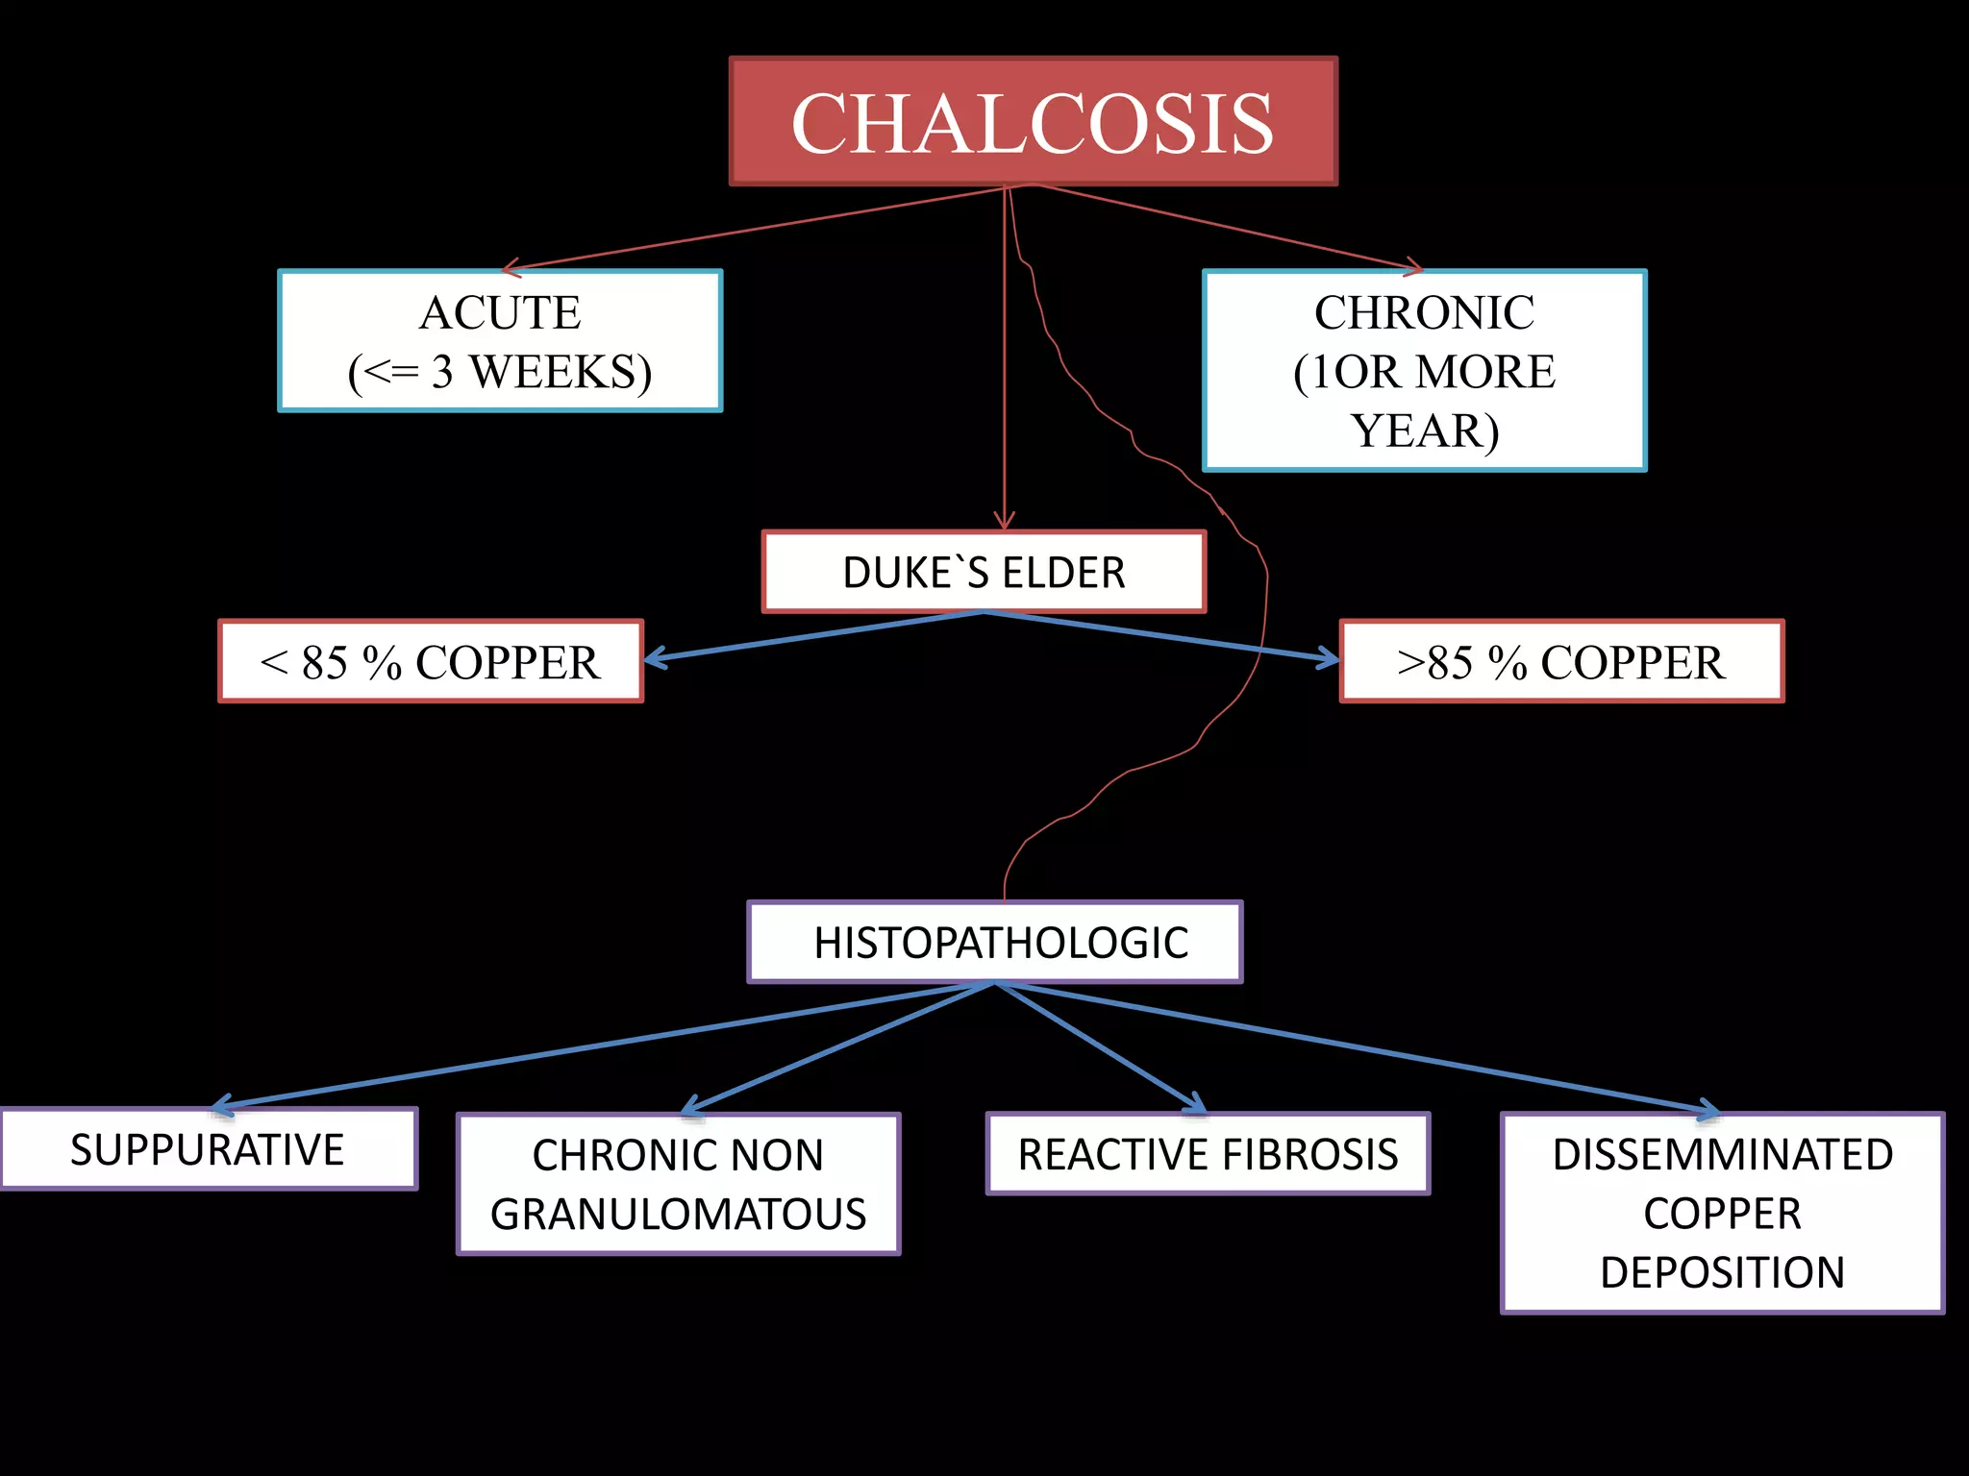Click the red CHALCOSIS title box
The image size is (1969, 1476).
point(1033,121)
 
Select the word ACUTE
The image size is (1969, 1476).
point(500,312)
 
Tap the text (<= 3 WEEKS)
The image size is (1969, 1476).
point(500,373)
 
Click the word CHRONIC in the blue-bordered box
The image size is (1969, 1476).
point(1424,312)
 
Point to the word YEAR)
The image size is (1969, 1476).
point(1424,431)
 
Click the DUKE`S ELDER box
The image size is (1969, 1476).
point(984,573)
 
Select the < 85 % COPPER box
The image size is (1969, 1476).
point(431,662)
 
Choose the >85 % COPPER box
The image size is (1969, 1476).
point(1561,662)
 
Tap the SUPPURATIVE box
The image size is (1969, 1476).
point(208,1150)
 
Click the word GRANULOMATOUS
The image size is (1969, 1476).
point(679,1215)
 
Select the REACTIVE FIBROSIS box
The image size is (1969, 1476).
point(1208,1154)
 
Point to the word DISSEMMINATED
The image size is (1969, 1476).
point(1722,1154)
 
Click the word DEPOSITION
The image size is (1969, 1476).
point(1722,1273)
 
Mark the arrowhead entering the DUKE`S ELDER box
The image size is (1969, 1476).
point(1005,523)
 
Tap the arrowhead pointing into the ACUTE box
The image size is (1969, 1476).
point(510,268)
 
